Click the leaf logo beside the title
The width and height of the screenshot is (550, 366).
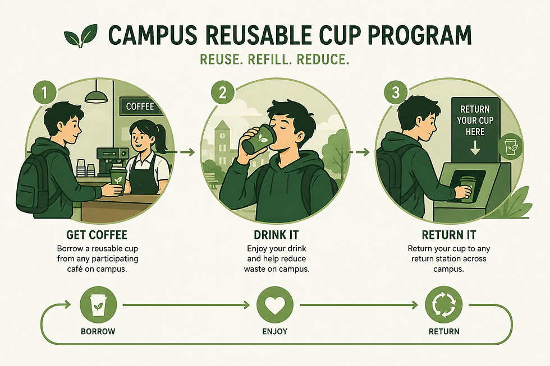coord(81,36)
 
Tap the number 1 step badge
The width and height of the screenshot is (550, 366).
coord(44,92)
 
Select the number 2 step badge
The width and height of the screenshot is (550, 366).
coord(223,92)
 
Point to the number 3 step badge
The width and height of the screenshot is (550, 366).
coord(396,92)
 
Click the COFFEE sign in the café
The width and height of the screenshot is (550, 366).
coord(140,106)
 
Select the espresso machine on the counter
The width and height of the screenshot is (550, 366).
coord(112,160)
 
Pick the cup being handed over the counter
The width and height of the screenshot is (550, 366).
coord(118,180)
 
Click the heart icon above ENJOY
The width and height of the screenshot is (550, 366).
coord(275,305)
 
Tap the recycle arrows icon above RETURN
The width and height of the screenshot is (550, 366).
coord(443,305)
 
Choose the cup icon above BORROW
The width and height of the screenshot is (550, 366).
coord(98,305)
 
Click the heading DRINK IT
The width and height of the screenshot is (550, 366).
coord(276,235)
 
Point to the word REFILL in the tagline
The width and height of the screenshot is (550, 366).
coord(270,59)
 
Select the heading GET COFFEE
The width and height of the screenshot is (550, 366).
coord(97,235)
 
